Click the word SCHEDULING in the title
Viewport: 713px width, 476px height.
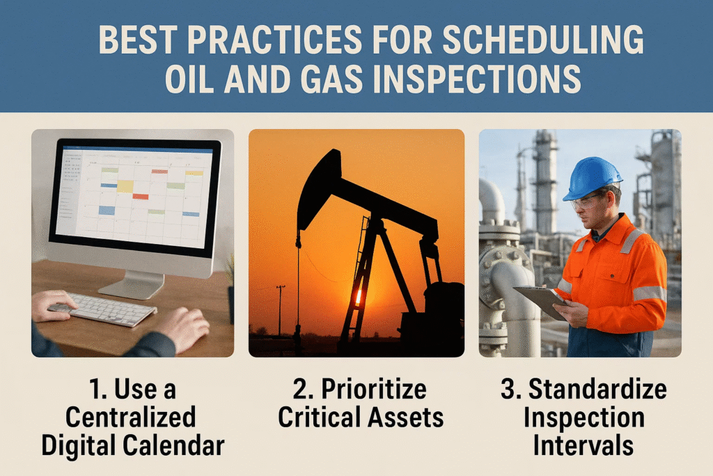click(x=543, y=40)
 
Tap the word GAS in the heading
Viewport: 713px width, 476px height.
click(x=331, y=78)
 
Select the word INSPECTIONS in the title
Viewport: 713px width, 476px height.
click(x=476, y=78)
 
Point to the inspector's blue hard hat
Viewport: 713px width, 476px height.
click(x=592, y=178)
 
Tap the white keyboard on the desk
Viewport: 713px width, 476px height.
click(x=104, y=309)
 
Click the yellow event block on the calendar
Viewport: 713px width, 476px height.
click(x=125, y=186)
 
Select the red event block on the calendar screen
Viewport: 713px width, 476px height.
click(x=141, y=197)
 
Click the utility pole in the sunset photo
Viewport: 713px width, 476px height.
click(x=280, y=310)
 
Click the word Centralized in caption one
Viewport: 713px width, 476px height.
click(x=130, y=417)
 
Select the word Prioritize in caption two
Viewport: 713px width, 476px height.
click(x=374, y=390)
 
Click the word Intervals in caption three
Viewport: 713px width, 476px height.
click(x=583, y=445)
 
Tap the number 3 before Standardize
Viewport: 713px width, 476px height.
click(x=508, y=390)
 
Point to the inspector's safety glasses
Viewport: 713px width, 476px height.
click(x=586, y=201)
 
